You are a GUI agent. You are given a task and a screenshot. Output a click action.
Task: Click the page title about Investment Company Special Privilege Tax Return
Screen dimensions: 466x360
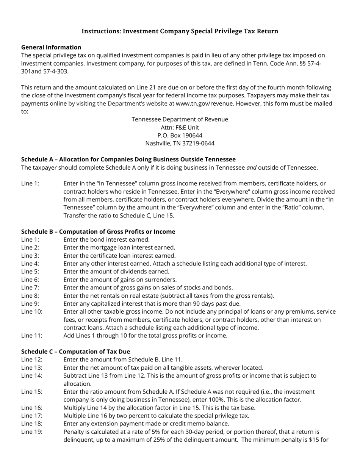pyautogui.click(x=180, y=31)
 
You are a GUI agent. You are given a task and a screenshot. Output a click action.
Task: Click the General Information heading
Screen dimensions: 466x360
pyautogui.click(x=51, y=47)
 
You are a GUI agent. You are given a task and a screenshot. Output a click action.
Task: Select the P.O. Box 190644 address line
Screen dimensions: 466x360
pyautogui.click(x=180, y=135)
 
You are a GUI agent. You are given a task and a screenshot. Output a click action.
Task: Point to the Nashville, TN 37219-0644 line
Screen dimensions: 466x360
pyautogui.click(x=180, y=143)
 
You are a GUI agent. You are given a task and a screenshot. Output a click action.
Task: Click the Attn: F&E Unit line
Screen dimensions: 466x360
pyautogui.click(x=180, y=127)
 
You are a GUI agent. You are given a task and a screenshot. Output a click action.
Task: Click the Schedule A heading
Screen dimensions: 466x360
pyautogui.click(x=128, y=159)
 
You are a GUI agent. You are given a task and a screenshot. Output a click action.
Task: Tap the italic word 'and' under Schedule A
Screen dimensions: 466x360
pyautogui.click(x=251, y=167)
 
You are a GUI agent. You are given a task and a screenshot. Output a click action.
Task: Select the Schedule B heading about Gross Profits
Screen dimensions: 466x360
pyautogui.click(x=98, y=231)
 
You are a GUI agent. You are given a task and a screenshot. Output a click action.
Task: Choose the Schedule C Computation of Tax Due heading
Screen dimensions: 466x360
pyautogui.click(x=75, y=351)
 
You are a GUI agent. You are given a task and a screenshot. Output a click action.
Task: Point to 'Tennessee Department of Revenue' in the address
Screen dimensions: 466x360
pyautogui.click(x=180, y=119)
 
